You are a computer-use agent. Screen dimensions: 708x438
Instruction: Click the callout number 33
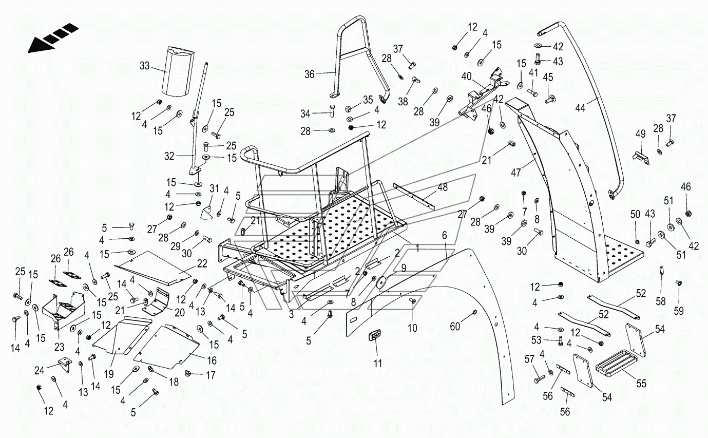click(144, 66)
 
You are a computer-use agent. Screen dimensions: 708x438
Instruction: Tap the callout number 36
click(310, 74)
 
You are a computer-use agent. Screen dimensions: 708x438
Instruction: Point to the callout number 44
click(580, 108)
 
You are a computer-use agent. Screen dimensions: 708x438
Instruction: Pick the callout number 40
click(467, 77)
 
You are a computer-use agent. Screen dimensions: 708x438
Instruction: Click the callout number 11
click(378, 364)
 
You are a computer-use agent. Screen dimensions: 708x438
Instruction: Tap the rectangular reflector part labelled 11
click(375, 335)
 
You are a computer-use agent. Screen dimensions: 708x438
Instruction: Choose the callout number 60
click(455, 327)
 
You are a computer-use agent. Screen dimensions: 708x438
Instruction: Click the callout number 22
click(202, 263)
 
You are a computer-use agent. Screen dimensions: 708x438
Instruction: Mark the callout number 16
click(212, 360)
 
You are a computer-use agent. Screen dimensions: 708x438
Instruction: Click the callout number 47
click(516, 173)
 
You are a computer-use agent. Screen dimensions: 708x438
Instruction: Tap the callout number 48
click(443, 187)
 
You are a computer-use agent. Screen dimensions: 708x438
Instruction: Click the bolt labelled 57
click(540, 378)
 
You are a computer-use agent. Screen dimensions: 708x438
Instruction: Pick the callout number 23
click(60, 347)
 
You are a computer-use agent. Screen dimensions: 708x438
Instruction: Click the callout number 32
click(169, 156)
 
